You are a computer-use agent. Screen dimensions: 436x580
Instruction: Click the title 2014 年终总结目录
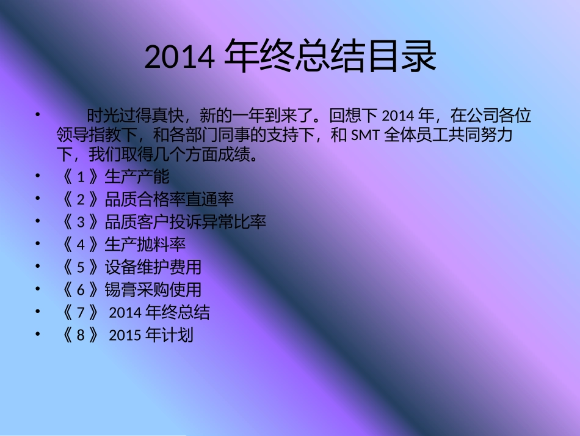291,56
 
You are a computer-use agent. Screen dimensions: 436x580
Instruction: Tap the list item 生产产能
137,177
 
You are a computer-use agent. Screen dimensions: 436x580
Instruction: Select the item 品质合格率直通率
169,199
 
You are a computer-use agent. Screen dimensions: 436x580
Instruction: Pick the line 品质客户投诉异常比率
186,222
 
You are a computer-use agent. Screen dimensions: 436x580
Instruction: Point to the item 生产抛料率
145,245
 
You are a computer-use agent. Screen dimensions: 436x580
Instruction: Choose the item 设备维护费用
153,267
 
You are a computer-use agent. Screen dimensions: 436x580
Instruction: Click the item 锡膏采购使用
153,290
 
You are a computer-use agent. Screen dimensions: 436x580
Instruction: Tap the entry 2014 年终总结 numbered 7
159,312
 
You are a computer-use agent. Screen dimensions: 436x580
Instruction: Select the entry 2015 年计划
151,335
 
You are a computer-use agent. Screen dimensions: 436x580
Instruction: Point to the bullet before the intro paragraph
38,114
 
